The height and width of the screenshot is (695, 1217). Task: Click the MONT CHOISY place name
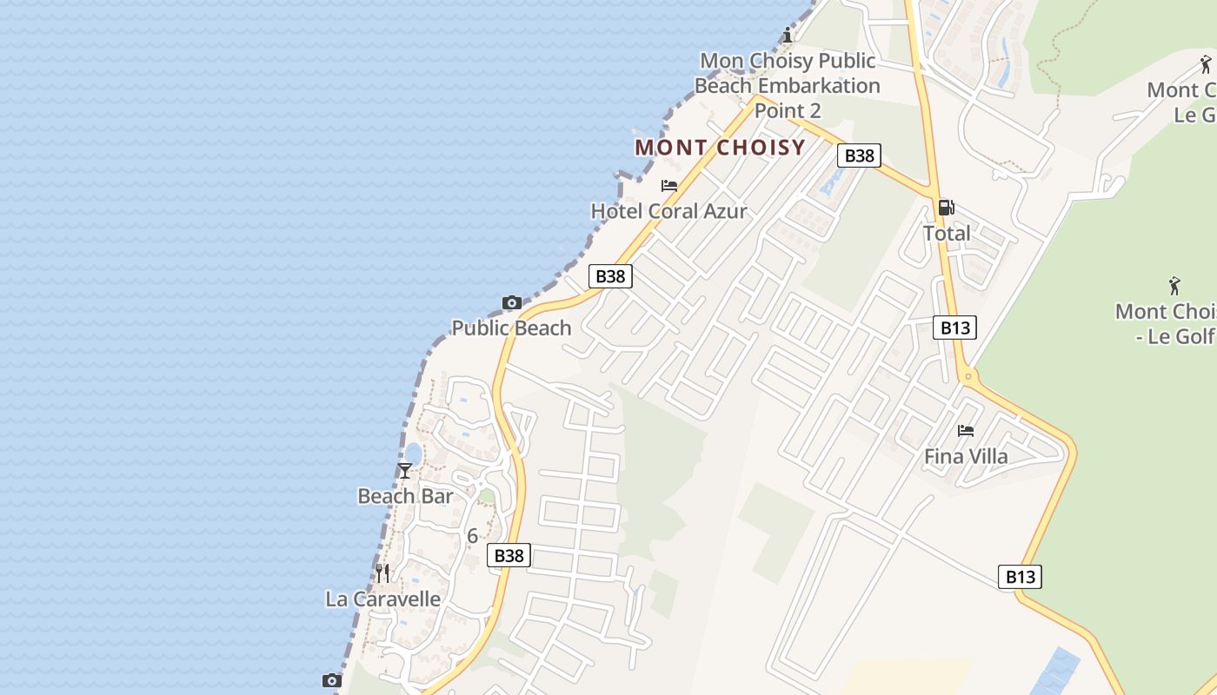[720, 148]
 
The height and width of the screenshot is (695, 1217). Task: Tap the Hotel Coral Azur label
[668, 211]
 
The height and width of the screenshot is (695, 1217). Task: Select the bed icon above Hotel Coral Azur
[668, 186]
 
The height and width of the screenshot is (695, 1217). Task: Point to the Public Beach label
[511, 328]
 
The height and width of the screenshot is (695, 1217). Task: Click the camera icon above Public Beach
[511, 303]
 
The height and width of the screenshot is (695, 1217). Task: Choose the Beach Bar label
[405, 496]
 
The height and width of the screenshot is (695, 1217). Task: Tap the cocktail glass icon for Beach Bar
[404, 471]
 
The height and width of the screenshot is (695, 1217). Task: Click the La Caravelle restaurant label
[382, 599]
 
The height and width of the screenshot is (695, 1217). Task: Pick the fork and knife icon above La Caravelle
[382, 573]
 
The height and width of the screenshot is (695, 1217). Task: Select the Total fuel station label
[946, 234]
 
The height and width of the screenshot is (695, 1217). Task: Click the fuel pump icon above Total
[946, 208]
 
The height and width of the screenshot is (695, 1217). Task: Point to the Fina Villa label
[966, 457]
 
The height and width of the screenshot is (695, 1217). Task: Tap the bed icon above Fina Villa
[965, 431]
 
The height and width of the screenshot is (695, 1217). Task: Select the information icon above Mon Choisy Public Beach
[787, 36]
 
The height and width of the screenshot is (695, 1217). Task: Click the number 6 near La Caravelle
[472, 537]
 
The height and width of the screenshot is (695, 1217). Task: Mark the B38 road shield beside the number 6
[509, 555]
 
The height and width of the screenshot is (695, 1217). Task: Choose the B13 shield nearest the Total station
[954, 328]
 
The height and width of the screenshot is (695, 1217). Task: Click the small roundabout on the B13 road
[968, 377]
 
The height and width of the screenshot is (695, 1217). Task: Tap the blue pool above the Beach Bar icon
[413, 453]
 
